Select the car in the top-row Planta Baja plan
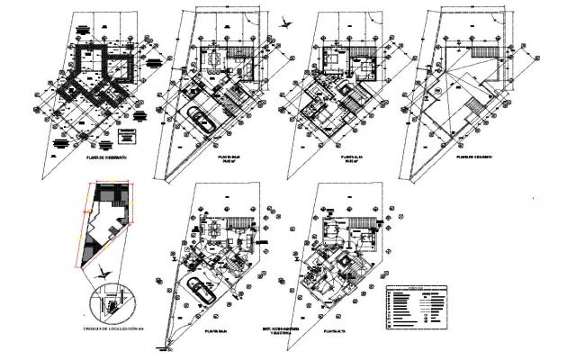tap(199, 121)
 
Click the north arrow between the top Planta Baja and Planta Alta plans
tap(286, 25)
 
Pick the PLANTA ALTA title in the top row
tap(351, 158)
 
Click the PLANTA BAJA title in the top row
tap(229, 158)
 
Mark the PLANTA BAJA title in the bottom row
tap(215, 330)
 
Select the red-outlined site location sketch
tap(106, 226)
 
